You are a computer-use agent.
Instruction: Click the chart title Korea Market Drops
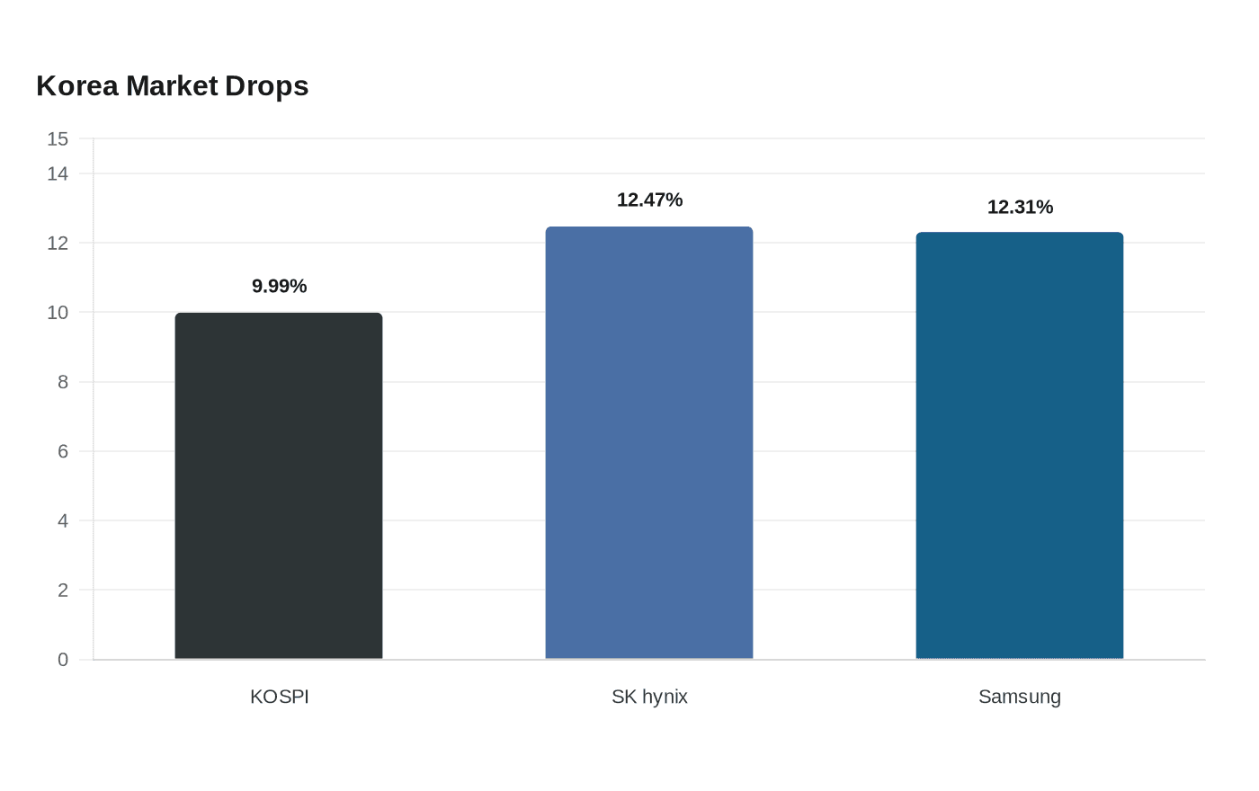[x=172, y=86]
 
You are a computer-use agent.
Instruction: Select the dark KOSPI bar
[x=279, y=486]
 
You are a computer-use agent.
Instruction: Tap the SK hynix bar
[x=649, y=442]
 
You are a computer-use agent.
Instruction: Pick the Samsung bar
[x=1020, y=446]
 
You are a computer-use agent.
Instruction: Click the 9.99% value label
[x=280, y=286]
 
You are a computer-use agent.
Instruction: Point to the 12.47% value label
[x=649, y=200]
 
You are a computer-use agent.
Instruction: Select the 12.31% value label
[x=1020, y=208]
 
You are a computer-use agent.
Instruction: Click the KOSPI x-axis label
[x=280, y=697]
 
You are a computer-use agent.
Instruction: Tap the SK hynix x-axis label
[x=649, y=697]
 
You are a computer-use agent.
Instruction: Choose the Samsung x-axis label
[x=1020, y=697]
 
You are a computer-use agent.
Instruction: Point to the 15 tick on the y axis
[x=58, y=138]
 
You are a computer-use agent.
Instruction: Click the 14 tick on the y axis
[x=58, y=174]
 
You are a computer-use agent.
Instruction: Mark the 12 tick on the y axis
[x=58, y=244]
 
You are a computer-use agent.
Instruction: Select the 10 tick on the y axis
[x=58, y=313]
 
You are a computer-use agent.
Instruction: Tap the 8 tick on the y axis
[x=63, y=382]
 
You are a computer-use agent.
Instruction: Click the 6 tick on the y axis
[x=63, y=451]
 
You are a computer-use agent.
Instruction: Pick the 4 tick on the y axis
[x=63, y=520]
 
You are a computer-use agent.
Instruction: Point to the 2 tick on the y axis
[x=63, y=590]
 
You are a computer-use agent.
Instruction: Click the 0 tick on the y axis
[x=63, y=660]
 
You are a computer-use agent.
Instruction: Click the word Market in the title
[x=172, y=86]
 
